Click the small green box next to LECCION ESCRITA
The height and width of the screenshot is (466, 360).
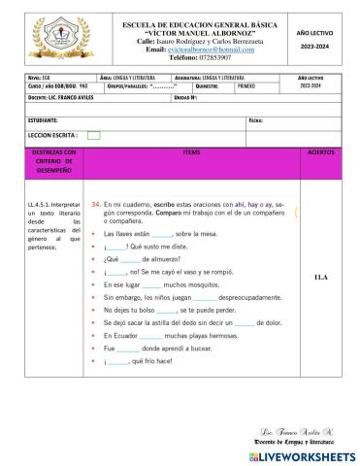93,135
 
